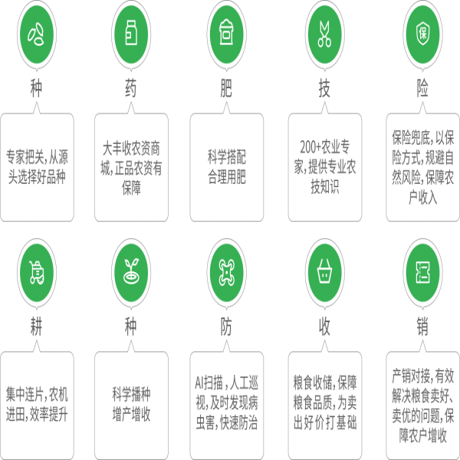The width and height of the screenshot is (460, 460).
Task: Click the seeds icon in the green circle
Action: click(x=36, y=34)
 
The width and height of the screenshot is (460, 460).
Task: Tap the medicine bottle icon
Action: click(x=131, y=33)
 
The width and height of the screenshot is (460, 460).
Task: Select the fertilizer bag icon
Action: click(x=226, y=32)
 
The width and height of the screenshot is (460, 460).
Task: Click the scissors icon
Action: click(x=324, y=34)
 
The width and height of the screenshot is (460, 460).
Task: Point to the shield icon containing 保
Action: click(x=422, y=33)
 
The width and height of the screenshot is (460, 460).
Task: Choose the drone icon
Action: click(x=226, y=272)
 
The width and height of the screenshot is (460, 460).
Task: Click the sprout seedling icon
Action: click(x=131, y=271)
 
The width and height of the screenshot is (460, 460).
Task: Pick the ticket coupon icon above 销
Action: click(x=422, y=272)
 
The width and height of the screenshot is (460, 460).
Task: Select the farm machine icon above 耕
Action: click(x=37, y=272)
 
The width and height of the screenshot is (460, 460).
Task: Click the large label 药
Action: click(x=131, y=88)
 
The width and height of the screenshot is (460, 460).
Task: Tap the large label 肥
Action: click(x=226, y=88)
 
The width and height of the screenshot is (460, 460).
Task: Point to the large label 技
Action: click(x=324, y=88)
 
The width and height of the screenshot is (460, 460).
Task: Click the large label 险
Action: click(x=422, y=88)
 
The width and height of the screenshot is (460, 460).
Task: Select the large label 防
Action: click(x=226, y=327)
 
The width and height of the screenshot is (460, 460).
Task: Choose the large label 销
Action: click(x=422, y=327)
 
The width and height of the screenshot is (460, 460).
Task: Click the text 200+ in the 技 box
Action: click(x=310, y=147)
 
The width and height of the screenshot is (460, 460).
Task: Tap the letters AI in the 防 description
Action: click(x=199, y=383)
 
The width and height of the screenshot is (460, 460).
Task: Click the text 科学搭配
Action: click(x=226, y=157)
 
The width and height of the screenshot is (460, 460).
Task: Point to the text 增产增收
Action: click(x=131, y=415)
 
